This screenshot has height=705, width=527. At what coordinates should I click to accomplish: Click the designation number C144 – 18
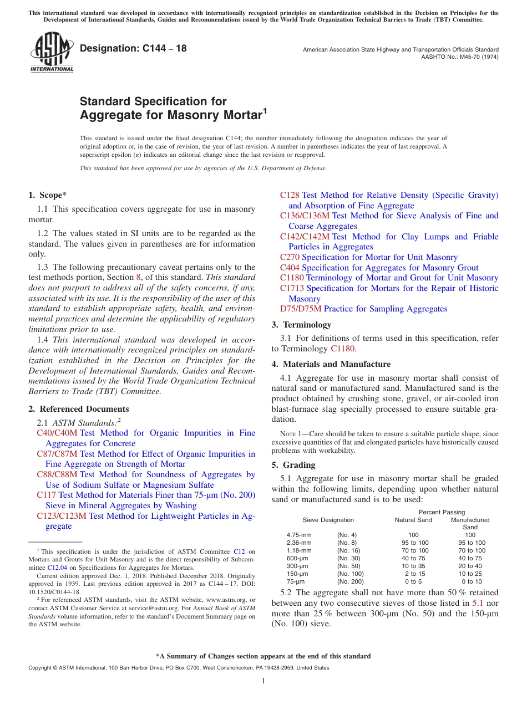133,49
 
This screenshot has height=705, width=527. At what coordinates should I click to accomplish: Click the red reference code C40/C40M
57,433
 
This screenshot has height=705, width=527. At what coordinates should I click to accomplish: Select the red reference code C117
46,495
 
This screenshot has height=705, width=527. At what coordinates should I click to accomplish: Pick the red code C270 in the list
290,257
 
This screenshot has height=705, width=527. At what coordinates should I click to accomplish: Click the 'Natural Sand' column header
413,520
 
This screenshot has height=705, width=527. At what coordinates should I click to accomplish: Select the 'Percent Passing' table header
442,512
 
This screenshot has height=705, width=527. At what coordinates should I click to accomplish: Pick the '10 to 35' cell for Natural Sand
413,566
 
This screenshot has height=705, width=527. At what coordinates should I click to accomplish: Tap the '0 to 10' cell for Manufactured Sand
472,581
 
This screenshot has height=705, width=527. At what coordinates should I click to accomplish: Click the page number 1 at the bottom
263,681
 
